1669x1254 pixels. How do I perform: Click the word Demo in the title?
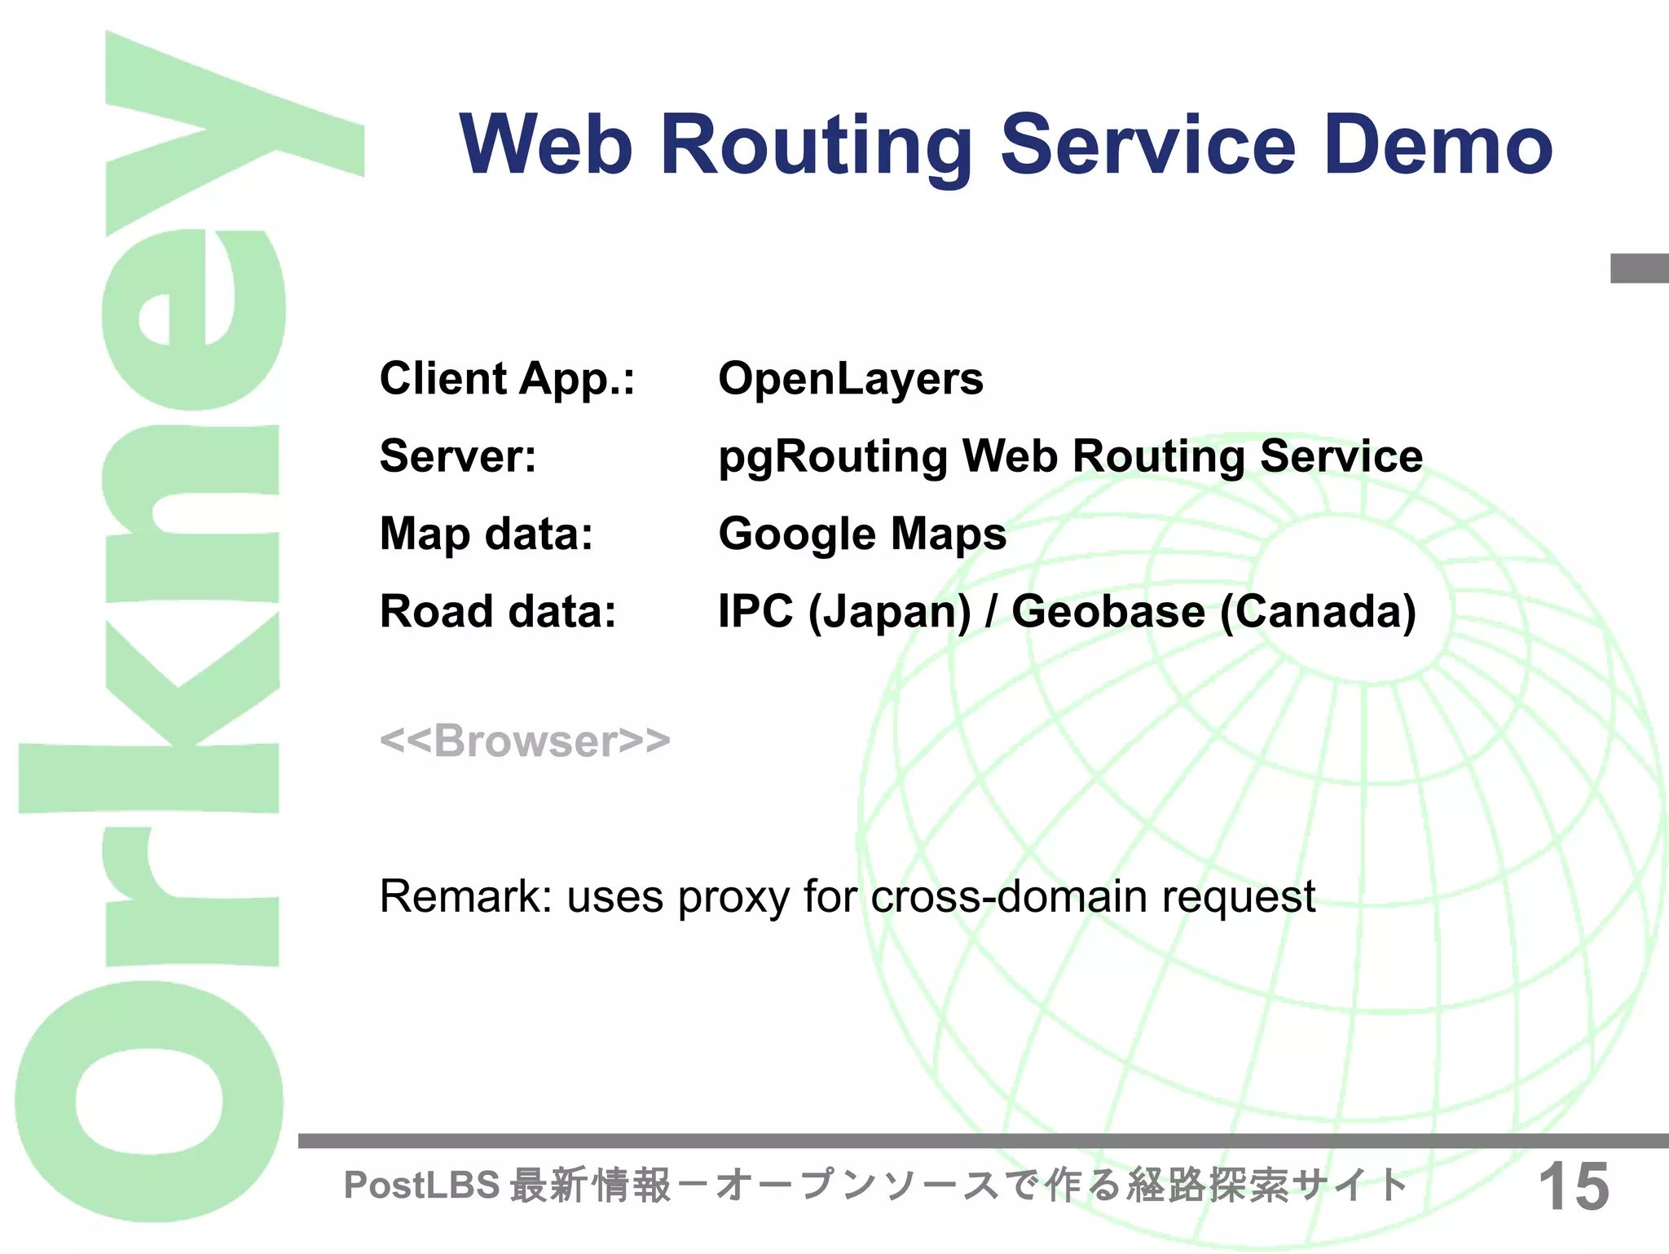click(1438, 145)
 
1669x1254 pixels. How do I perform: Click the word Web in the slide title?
click(546, 145)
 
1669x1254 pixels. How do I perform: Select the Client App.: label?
click(507, 379)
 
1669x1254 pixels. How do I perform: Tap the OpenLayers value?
click(851, 379)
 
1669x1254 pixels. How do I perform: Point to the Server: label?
click(458, 456)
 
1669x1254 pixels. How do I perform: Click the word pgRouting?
click(832, 456)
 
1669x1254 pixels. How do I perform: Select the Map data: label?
click(487, 535)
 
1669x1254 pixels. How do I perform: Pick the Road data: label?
click(498, 611)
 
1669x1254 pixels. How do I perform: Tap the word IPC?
click(755, 611)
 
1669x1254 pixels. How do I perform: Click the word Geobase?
click(1108, 611)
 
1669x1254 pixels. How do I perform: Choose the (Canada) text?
click(1319, 611)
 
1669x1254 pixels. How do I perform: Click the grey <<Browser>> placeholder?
click(525, 741)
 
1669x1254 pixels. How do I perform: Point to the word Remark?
click(466, 896)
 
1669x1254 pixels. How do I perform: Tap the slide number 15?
click(1574, 1186)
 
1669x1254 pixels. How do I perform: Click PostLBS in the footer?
click(421, 1185)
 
